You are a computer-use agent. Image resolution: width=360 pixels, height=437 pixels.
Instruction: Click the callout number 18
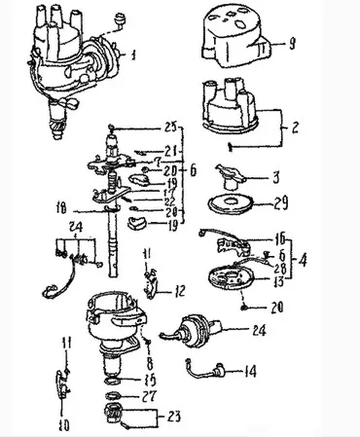pos(60,207)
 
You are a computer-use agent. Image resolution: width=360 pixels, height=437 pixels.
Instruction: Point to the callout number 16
pos(279,237)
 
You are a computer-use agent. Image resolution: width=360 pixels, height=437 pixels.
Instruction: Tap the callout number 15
pos(146,379)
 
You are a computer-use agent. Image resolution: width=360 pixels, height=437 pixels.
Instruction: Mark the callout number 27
pos(146,397)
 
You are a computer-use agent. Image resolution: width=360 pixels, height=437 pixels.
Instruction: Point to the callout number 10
pos(65,424)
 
